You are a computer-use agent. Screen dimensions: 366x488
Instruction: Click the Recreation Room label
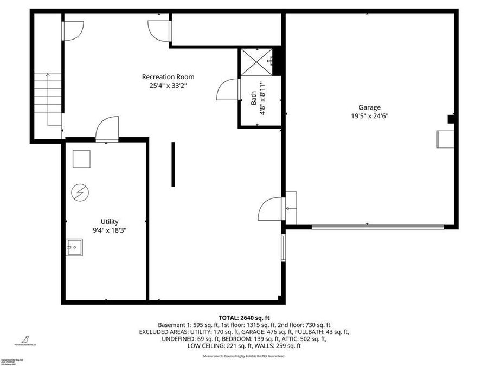pyautogui.click(x=168, y=77)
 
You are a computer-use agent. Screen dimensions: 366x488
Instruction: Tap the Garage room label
pyautogui.click(x=369, y=107)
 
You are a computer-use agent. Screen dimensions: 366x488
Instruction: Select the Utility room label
pyautogui.click(x=109, y=221)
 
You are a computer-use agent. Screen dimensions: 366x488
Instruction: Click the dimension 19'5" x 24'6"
pyautogui.click(x=369, y=115)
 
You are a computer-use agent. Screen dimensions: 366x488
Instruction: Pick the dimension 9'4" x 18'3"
pyautogui.click(x=109, y=230)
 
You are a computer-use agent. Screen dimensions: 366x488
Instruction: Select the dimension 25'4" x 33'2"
pyautogui.click(x=168, y=85)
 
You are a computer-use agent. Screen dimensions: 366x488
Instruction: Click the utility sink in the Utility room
pyautogui.click(x=74, y=247)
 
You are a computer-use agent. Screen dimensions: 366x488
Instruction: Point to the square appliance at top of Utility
pyautogui.click(x=82, y=158)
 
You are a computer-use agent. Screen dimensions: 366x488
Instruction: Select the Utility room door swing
pyautogui.click(x=107, y=130)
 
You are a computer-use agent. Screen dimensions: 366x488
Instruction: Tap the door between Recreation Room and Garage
pyautogui.click(x=271, y=208)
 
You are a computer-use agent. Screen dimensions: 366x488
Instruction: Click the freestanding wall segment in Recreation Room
pyautogui.click(x=173, y=164)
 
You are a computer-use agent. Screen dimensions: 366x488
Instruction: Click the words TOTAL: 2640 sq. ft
pyautogui.click(x=243, y=317)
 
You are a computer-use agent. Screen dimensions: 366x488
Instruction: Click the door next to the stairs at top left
pyautogui.click(x=73, y=30)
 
